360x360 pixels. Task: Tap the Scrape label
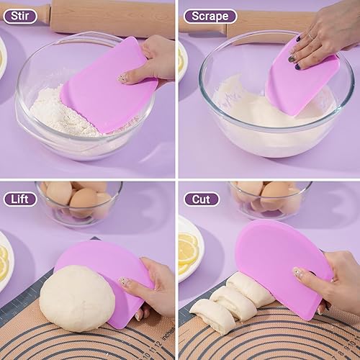210,16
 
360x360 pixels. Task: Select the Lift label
19,199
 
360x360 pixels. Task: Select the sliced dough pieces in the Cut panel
223,302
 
